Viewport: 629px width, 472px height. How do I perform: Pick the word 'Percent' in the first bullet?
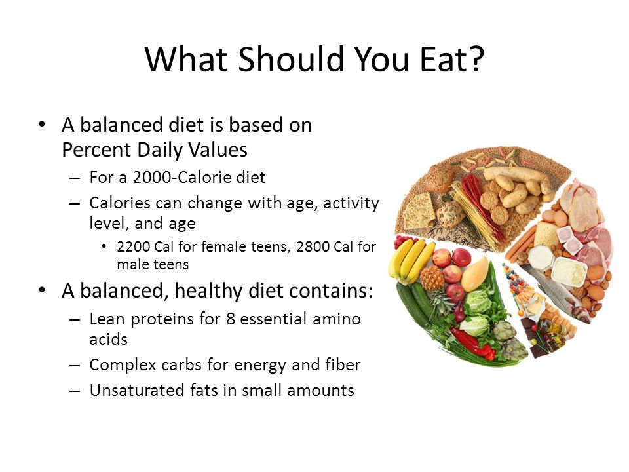point(96,150)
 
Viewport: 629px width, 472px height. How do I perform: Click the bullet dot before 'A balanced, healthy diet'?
point(42,290)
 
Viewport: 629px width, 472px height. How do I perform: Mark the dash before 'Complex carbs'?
point(75,366)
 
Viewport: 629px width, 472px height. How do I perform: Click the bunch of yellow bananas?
point(411,259)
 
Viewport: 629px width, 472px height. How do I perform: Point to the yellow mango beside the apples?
point(476,275)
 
